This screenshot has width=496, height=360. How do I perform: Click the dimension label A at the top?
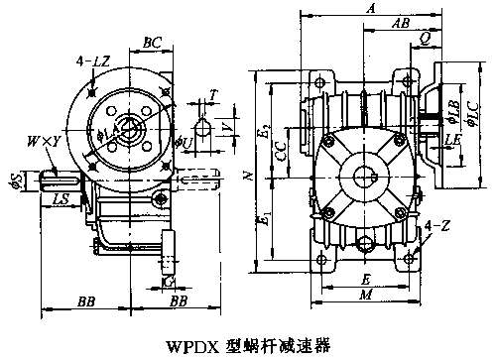click(370, 8)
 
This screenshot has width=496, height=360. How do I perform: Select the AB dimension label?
click(402, 22)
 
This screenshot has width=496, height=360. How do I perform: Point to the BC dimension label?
click(153, 43)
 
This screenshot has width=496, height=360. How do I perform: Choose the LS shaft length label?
click(62, 200)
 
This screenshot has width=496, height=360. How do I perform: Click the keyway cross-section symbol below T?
click(202, 127)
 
